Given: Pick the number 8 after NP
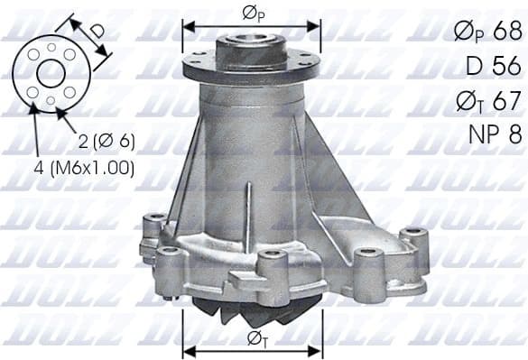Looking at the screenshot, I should pyautogui.click(x=514, y=134).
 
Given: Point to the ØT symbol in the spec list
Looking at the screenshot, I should pyautogui.click(x=469, y=100).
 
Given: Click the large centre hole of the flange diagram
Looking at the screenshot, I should pyautogui.click(x=50, y=73).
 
